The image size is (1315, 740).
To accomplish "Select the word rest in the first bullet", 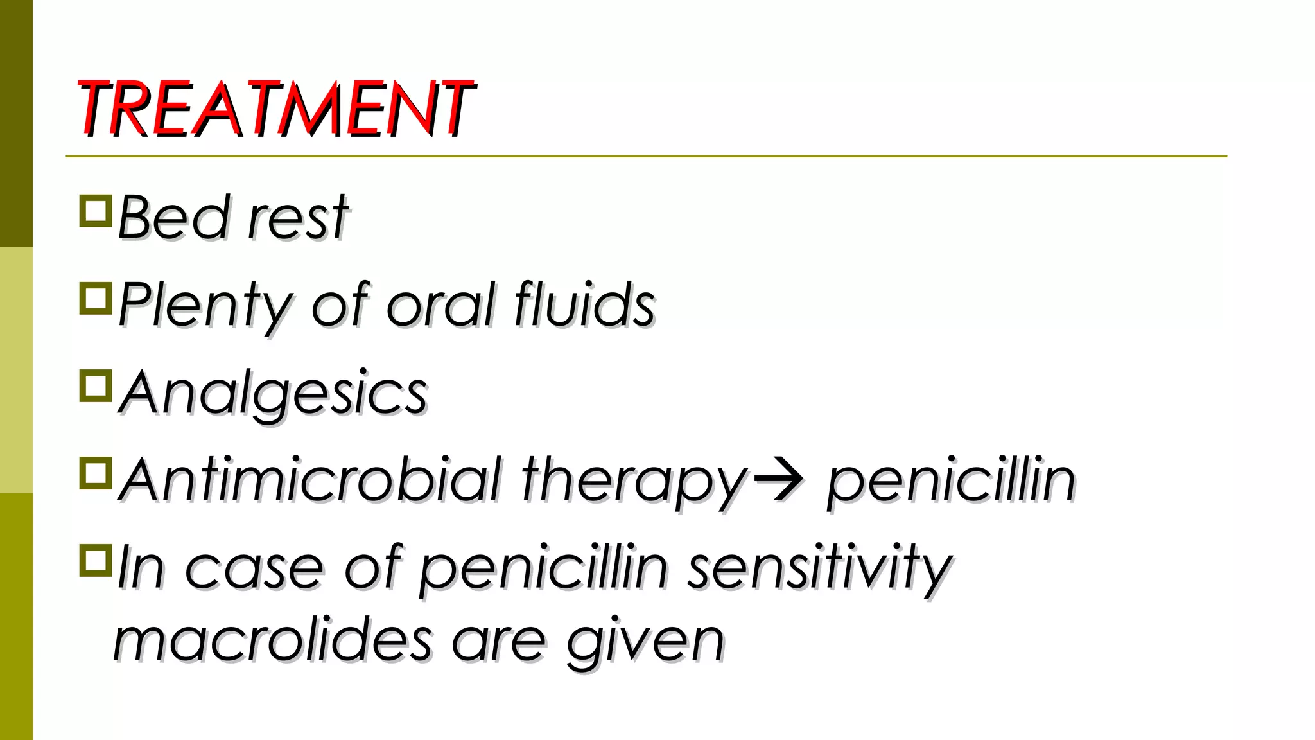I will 298,218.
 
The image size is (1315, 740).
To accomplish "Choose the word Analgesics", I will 274,392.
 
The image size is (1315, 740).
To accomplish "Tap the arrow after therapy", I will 778,479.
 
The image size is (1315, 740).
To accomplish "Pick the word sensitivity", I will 819,568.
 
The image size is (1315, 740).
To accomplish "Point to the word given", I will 645,642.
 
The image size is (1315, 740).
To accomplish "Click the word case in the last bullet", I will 254,568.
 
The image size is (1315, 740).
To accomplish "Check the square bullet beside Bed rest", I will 96,211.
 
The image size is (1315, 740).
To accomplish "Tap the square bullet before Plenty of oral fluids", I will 96,299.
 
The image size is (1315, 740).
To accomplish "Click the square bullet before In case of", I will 96,561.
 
